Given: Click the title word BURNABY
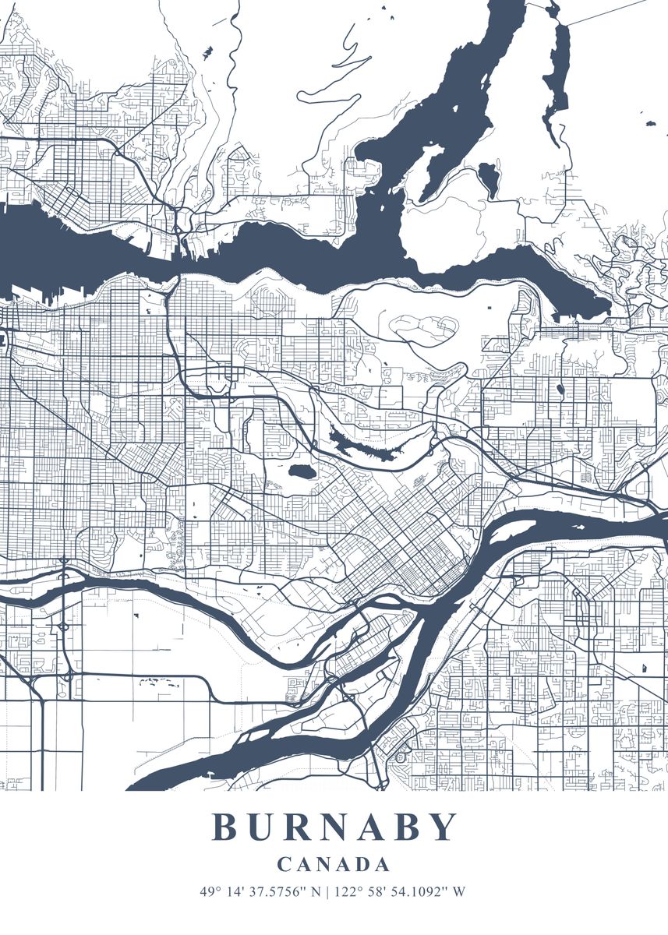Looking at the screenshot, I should tap(334, 827).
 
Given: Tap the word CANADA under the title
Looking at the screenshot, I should tap(334, 864).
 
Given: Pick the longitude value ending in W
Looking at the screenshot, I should tap(400, 891).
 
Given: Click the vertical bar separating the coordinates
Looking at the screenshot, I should tap(328, 891).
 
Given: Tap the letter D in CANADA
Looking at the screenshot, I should tap(360, 864).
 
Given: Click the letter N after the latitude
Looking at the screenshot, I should tap(316, 891).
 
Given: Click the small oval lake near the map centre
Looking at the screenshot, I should tap(300, 471).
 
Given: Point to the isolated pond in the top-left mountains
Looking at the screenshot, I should tap(207, 53).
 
